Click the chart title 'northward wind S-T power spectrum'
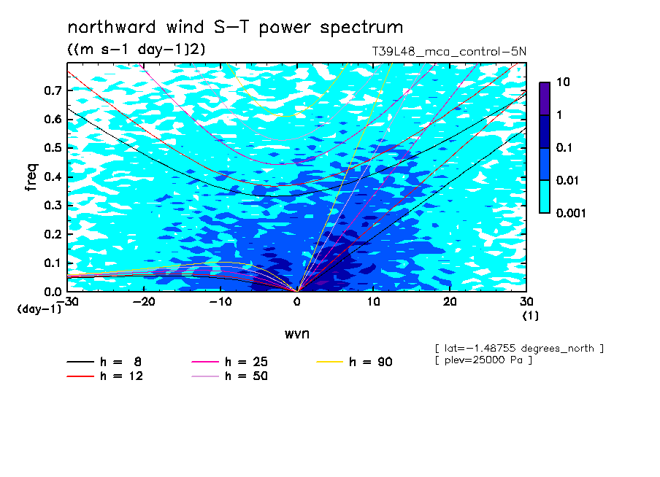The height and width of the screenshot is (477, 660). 235,28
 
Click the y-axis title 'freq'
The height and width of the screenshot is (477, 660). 31,177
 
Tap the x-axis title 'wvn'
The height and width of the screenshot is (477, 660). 297,334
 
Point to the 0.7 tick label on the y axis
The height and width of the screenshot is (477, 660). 53,90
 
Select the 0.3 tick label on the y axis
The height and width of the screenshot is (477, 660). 53,205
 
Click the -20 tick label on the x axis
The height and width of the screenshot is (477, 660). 144,302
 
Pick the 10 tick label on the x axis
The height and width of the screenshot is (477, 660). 373,302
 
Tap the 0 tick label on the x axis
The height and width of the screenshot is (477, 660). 297,302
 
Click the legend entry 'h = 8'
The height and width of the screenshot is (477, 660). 104,362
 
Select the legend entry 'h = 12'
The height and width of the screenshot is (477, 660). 104,376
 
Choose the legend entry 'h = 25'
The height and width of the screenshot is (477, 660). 229,362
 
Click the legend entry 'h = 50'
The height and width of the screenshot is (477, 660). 229,376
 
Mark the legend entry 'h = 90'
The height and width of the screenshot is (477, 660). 354,362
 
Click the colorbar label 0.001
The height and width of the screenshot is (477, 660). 571,213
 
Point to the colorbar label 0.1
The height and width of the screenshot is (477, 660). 564,147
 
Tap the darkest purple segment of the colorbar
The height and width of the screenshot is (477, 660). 545,99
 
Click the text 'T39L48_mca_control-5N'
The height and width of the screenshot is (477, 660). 449,52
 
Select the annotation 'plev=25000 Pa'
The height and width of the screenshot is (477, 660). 483,360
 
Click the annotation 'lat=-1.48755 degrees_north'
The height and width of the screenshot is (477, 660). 519,349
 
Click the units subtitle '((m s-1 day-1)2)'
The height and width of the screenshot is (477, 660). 137,50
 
